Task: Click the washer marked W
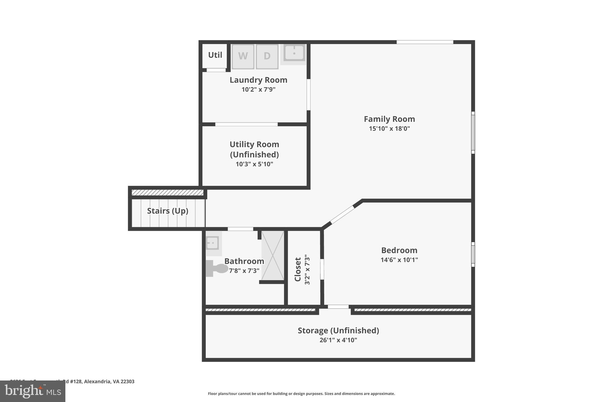(x=243, y=57)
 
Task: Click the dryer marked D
(x=267, y=57)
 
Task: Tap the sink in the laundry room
(x=294, y=54)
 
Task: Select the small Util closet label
(x=215, y=55)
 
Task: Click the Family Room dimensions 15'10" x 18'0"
(x=389, y=129)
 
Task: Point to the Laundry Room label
(x=258, y=80)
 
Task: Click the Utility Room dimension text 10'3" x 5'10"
(x=254, y=164)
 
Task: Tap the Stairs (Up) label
(x=168, y=211)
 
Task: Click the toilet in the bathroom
(x=217, y=268)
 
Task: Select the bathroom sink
(x=212, y=243)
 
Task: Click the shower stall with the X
(x=273, y=255)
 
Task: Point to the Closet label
(x=298, y=269)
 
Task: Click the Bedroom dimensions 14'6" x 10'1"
(x=399, y=260)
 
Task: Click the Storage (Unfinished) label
(x=338, y=330)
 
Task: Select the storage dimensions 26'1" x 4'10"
(x=338, y=340)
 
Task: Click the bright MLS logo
(x=32, y=391)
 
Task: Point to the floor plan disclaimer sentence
(x=301, y=394)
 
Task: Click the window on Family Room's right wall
(x=473, y=133)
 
